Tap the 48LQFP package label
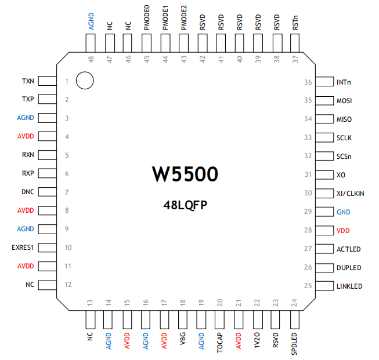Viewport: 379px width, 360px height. coord(185,204)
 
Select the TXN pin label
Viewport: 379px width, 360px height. coord(28,81)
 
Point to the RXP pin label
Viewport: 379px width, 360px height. coord(28,173)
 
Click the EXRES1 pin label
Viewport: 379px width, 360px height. coord(23,248)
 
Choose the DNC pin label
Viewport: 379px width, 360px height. coord(28,192)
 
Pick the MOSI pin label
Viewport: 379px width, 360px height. coord(345,100)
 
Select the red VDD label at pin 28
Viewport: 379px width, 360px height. coord(343,230)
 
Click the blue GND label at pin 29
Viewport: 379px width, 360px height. coord(343,212)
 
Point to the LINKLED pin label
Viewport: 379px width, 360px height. coord(349,286)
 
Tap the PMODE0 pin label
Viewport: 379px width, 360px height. coord(146,18)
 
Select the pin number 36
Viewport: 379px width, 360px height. coord(308,82)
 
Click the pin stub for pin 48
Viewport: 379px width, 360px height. coord(91,42)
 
